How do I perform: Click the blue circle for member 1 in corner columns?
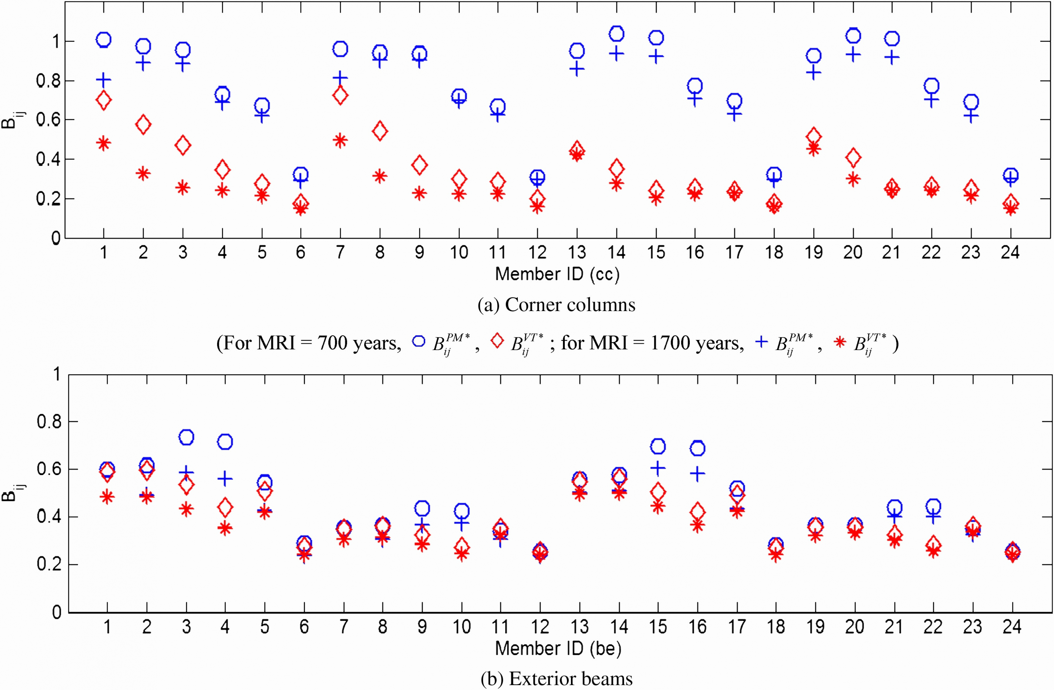point(103,40)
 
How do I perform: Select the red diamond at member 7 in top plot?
point(340,95)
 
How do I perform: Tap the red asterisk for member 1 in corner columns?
point(103,143)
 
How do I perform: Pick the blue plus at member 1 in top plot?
point(103,80)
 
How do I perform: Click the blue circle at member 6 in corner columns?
point(301,174)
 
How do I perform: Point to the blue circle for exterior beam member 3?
point(186,437)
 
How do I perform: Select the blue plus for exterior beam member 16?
point(697,474)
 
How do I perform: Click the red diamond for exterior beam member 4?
point(225,508)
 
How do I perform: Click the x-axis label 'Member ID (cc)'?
point(557,274)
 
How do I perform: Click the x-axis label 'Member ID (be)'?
point(558,648)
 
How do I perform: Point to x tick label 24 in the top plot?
point(1010,253)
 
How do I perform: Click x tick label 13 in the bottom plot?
point(579,627)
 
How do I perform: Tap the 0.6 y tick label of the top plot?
point(48,120)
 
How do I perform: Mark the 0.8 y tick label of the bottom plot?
point(49,422)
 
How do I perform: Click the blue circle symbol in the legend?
point(418,341)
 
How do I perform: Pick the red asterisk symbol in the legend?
point(839,342)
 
